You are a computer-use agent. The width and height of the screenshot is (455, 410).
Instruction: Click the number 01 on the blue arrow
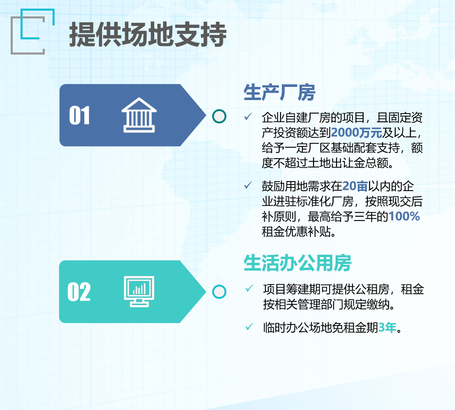79,115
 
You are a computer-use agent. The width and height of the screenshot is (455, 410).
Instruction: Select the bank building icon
139,115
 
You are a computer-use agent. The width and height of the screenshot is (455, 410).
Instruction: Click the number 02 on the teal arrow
79,292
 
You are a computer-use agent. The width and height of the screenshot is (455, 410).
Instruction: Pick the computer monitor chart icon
139,292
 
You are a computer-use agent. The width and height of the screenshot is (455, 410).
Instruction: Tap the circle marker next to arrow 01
219,116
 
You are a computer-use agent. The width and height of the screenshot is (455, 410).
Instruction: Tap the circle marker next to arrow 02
219,292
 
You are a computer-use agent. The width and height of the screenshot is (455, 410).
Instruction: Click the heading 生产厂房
279,93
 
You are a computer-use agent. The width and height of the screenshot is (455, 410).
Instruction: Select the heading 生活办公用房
297,263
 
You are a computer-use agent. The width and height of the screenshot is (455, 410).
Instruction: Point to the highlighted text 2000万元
357,132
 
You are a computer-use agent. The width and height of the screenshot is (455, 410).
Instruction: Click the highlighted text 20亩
355,186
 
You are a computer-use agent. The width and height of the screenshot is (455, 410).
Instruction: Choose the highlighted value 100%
404,216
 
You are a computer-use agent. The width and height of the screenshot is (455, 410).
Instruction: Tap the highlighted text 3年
387,328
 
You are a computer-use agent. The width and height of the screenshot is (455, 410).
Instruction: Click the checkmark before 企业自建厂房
248,116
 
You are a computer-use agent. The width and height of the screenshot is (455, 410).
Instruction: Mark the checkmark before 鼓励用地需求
248,185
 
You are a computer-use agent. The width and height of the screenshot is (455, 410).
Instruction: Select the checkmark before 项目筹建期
249,288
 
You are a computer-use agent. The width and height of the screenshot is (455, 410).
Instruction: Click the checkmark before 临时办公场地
249,327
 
